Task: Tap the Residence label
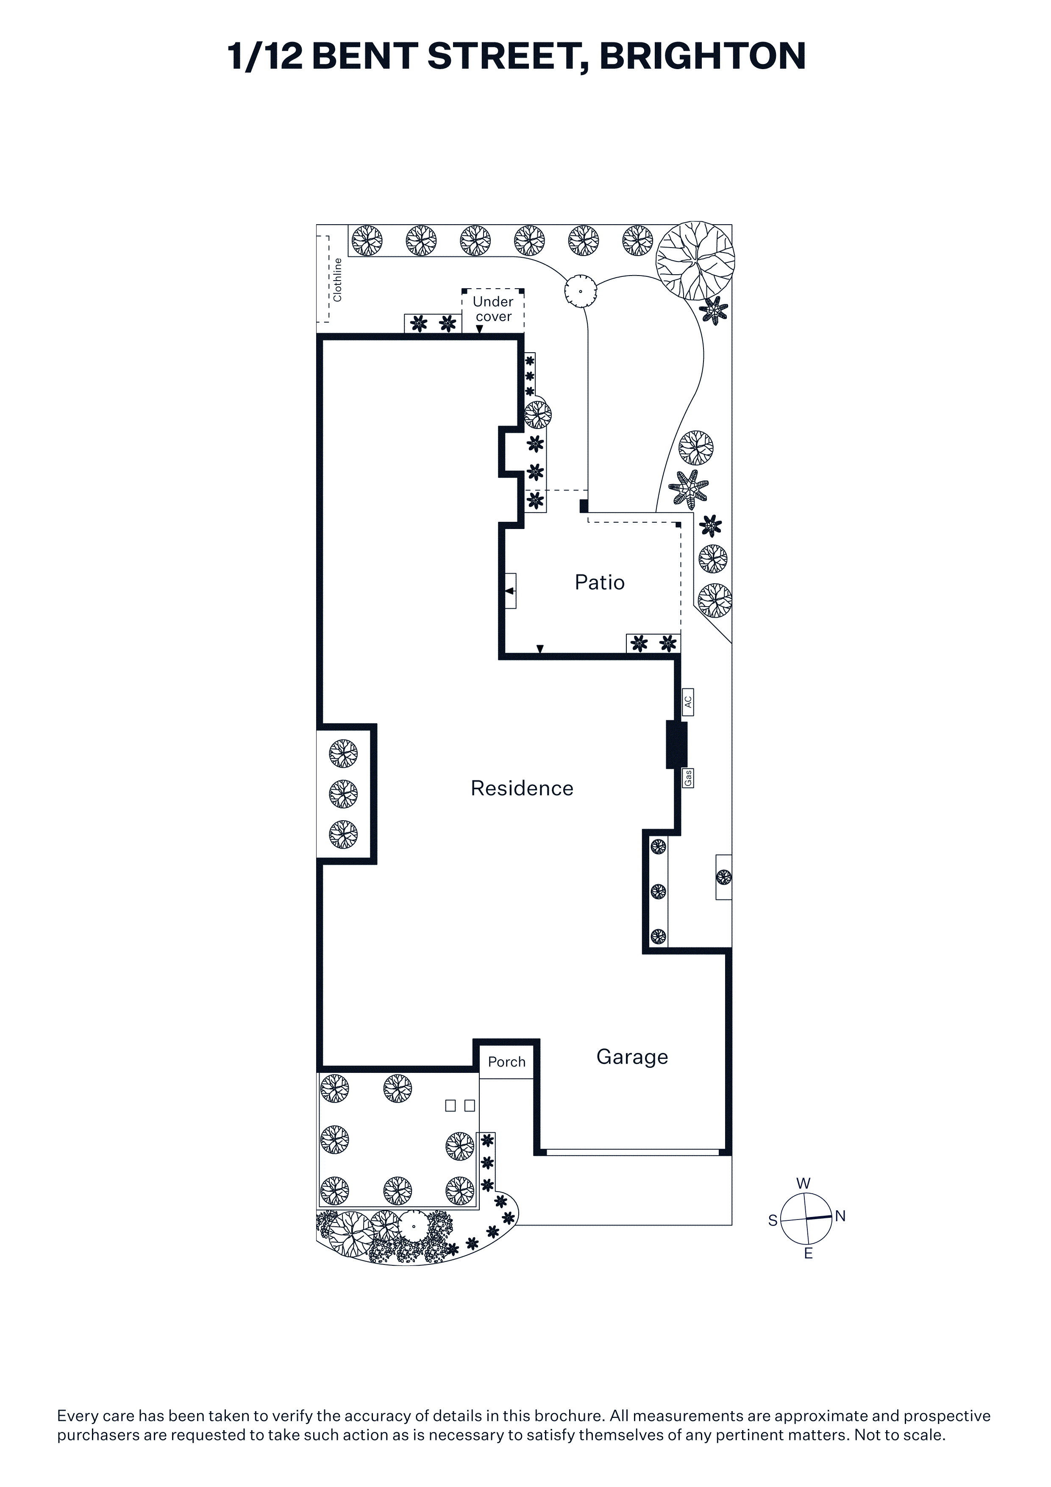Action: click(x=522, y=788)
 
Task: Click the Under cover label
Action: click(x=493, y=309)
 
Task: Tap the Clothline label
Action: click(x=337, y=280)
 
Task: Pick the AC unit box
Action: click(x=688, y=702)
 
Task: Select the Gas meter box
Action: click(x=688, y=777)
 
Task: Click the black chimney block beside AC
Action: click(x=677, y=744)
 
